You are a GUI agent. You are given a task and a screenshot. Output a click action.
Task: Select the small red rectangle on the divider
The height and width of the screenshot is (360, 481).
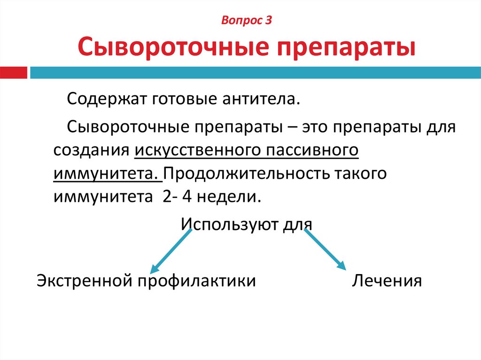[x=14, y=73]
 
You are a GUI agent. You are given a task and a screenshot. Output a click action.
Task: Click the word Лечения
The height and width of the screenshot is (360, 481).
[x=387, y=281]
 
